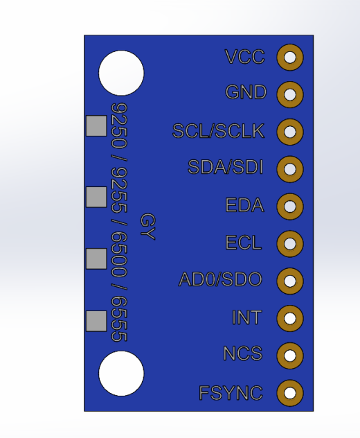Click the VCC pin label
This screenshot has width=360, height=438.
coord(245,57)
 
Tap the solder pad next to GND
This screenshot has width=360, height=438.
coord(290,94)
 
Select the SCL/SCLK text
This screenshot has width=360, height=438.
coord(218,131)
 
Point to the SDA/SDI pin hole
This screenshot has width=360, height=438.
coord(290,169)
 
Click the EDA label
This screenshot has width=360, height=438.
coord(244,205)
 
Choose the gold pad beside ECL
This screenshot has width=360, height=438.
coord(290,243)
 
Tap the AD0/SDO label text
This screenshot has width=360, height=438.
coord(220,279)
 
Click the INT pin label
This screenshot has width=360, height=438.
coord(246,317)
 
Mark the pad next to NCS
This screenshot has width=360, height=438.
coord(290,356)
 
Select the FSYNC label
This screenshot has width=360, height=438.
coord(231,393)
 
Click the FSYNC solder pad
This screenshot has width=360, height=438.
coord(290,393)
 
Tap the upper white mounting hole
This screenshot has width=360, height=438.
coord(121,73)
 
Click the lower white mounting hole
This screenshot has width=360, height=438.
coord(121,374)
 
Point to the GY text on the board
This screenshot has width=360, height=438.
coord(147,227)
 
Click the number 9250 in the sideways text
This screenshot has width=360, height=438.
coord(119,125)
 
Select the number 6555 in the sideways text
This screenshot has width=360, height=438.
coord(119,319)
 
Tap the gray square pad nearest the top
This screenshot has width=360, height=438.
coord(96,125)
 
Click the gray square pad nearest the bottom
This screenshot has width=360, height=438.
coord(96,322)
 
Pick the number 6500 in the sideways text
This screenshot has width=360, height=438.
coord(119,254)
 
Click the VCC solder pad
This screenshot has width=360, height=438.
coord(290,58)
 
